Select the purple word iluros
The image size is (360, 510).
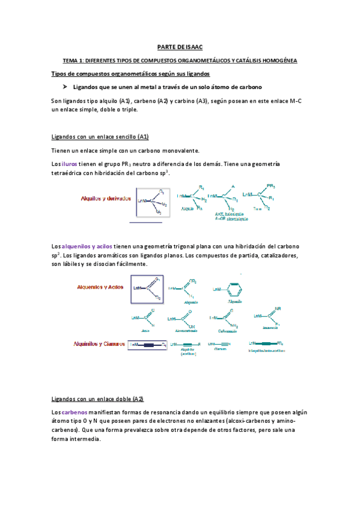69,164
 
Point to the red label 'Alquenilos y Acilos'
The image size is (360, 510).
99,287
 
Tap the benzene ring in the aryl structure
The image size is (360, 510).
235,289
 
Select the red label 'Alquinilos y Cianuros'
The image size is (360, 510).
98,344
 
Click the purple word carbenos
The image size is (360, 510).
75,412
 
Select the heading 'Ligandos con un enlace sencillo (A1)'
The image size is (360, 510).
100,137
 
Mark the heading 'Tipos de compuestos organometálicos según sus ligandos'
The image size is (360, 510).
130,73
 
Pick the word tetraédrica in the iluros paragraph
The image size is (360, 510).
70,173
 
